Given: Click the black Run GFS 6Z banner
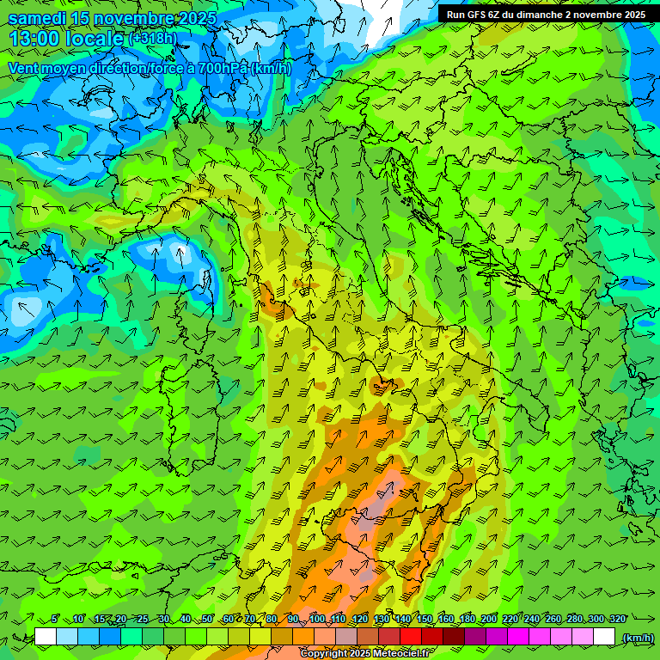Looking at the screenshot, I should coord(547,14).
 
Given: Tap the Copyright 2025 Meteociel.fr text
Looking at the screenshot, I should coord(364,654).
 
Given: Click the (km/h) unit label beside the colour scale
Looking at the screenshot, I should coord(638,638).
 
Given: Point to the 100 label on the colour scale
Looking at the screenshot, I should coord(317,620).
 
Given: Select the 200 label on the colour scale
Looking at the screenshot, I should coord(489,620).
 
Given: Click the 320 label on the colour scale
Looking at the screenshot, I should coord(617,620).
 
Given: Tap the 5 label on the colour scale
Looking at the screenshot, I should coord(55,620).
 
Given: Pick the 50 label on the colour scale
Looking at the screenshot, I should coord(207,620).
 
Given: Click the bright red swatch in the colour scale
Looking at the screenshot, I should coord(411,637).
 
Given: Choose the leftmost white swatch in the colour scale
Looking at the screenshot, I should coord(46,637).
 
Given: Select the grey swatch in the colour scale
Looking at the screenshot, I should coord(346,637).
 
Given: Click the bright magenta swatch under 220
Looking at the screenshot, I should coord(518,637).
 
